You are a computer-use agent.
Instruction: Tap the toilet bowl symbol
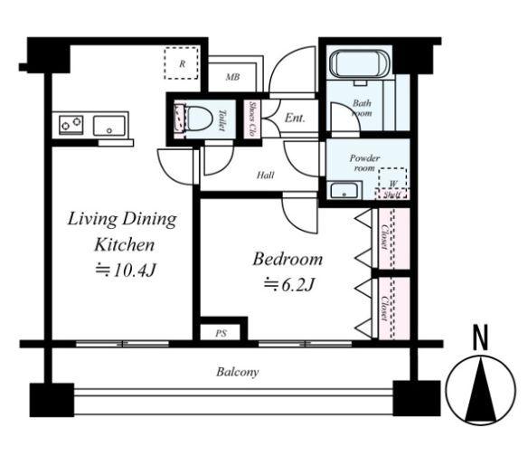coord(199,119)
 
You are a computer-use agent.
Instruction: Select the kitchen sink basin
coord(109,126)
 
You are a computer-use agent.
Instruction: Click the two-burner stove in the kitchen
coord(71,124)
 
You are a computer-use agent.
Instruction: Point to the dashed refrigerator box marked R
coord(181,63)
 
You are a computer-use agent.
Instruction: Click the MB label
coord(232,77)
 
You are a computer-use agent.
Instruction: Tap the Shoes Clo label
coord(251,119)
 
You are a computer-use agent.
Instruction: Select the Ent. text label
coord(295,118)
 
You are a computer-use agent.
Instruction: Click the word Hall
coord(265,175)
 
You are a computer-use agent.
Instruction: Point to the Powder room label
coord(364,163)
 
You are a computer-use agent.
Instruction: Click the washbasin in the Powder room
coord(344,191)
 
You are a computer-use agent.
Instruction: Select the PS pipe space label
coord(222,334)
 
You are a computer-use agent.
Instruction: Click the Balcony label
coord(238,372)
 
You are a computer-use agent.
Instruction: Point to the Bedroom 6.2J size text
coord(289,285)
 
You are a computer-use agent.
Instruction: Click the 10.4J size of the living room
coord(126,270)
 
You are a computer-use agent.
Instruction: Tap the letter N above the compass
coord(480,337)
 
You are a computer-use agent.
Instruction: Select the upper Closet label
coord(384,237)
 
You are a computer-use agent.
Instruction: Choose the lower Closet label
coord(384,309)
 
